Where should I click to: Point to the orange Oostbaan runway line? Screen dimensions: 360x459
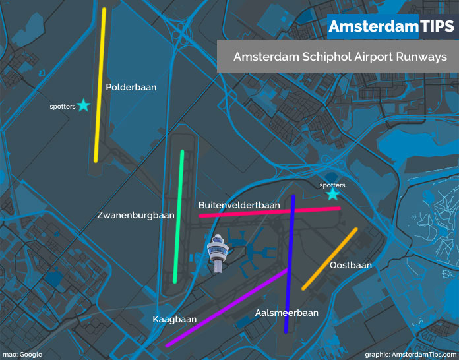coord(330,258)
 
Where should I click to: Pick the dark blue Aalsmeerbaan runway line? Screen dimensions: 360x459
coord(289,264)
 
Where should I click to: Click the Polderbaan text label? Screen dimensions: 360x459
coord(131,86)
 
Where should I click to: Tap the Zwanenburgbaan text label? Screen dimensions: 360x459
coord(135,215)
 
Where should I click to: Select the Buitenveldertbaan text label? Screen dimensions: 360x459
coord(239,205)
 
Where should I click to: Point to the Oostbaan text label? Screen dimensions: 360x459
coord(351,265)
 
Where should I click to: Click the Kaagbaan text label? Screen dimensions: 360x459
coord(175,319)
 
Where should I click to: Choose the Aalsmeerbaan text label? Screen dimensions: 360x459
coord(287,313)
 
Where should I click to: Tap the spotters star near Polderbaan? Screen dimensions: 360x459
coord(83,105)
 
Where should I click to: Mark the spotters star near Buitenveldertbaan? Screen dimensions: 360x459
coord(332,194)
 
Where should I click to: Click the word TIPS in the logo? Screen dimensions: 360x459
coord(437,26)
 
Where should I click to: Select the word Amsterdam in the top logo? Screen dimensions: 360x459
coord(373,26)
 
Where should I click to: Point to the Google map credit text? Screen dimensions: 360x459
coord(22,355)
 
